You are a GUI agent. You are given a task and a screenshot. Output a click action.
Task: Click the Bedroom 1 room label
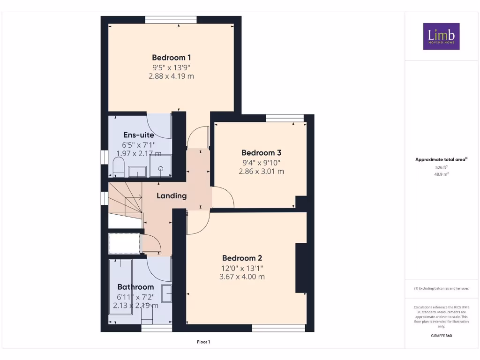pos(169,58)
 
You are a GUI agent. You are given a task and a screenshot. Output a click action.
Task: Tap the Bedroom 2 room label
pos(242,258)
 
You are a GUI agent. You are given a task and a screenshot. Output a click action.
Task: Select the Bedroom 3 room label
pos(261,153)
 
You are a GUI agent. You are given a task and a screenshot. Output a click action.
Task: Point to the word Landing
pos(172,196)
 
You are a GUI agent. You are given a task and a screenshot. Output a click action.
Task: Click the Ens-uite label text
pos(138,135)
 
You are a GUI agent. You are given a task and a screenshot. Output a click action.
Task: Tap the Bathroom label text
pos(135,287)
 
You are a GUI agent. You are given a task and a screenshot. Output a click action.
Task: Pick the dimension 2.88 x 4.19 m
pos(171,76)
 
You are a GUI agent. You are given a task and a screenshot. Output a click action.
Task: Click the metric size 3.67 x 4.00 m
pos(242,277)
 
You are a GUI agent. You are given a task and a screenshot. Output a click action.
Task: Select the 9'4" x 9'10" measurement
pos(261,163)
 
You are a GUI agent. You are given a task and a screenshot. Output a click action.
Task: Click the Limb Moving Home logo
pos(441,36)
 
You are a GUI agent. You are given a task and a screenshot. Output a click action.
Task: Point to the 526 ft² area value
pos(441,167)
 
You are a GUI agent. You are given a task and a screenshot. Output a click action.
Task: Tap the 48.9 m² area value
pos(441,173)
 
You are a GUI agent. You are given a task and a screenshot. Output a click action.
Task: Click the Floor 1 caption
pos(203,342)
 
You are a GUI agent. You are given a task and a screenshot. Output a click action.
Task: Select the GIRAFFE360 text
pos(441,336)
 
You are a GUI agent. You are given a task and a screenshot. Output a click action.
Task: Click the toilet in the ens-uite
pos(119,167)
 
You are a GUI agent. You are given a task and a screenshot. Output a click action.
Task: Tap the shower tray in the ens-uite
pos(160,167)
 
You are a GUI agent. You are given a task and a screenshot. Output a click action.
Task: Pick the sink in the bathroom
pos(166,293)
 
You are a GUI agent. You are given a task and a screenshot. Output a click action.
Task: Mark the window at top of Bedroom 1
pos(170,20)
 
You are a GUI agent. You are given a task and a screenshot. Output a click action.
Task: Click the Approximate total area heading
pos(441,160)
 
